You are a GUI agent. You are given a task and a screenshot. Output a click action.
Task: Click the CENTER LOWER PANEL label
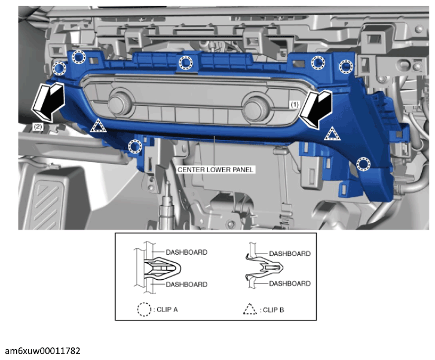(215, 170)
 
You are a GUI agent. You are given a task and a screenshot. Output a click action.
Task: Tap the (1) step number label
(295, 105)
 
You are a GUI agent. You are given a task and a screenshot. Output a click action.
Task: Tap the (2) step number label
(38, 127)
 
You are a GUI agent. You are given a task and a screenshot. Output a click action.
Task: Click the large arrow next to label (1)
(315, 109)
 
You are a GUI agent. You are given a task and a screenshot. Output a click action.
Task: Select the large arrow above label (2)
(48, 102)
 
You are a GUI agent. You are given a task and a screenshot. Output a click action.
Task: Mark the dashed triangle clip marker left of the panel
(98, 126)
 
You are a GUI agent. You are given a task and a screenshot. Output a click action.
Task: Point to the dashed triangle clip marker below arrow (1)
(332, 134)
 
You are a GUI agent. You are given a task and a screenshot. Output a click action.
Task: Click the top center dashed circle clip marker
(186, 62)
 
